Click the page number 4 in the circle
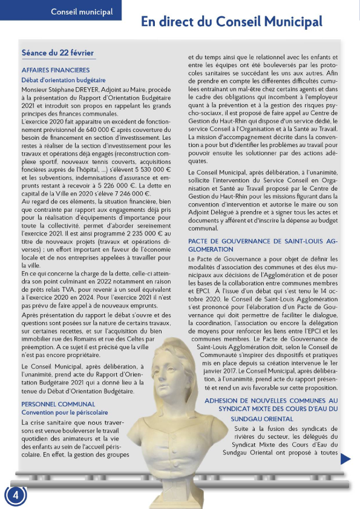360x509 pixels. tap(16, 494)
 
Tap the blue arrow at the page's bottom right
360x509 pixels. tap(345, 459)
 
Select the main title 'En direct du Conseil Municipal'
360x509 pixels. tap(232, 22)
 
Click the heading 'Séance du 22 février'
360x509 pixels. tap(57, 53)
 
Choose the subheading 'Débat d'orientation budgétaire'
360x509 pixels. tap(64, 79)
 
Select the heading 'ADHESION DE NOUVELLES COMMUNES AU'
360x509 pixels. tap(271, 401)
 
